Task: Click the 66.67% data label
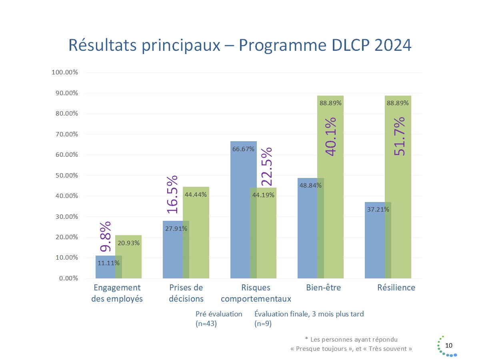click(x=243, y=149)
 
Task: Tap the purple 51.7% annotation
click(x=399, y=137)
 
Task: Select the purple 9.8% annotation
click(x=105, y=237)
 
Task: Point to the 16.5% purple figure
click(x=172, y=194)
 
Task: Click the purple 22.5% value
click(x=267, y=166)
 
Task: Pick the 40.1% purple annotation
click(x=331, y=136)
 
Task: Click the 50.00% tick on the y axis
click(x=65, y=176)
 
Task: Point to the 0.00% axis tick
click(x=67, y=278)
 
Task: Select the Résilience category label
click(x=396, y=288)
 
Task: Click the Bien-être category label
click(x=323, y=288)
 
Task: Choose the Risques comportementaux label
click(x=256, y=293)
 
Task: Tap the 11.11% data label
click(x=108, y=263)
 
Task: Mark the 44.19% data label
click(x=263, y=195)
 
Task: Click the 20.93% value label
click(x=128, y=243)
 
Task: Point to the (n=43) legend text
click(x=206, y=324)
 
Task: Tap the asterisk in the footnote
click(x=306, y=339)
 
